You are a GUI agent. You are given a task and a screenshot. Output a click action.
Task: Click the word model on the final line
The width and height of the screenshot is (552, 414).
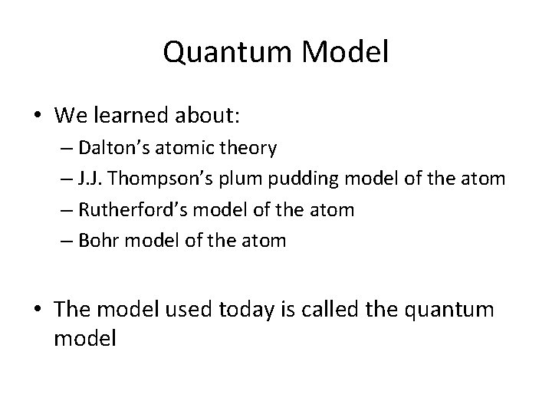click(x=85, y=338)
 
